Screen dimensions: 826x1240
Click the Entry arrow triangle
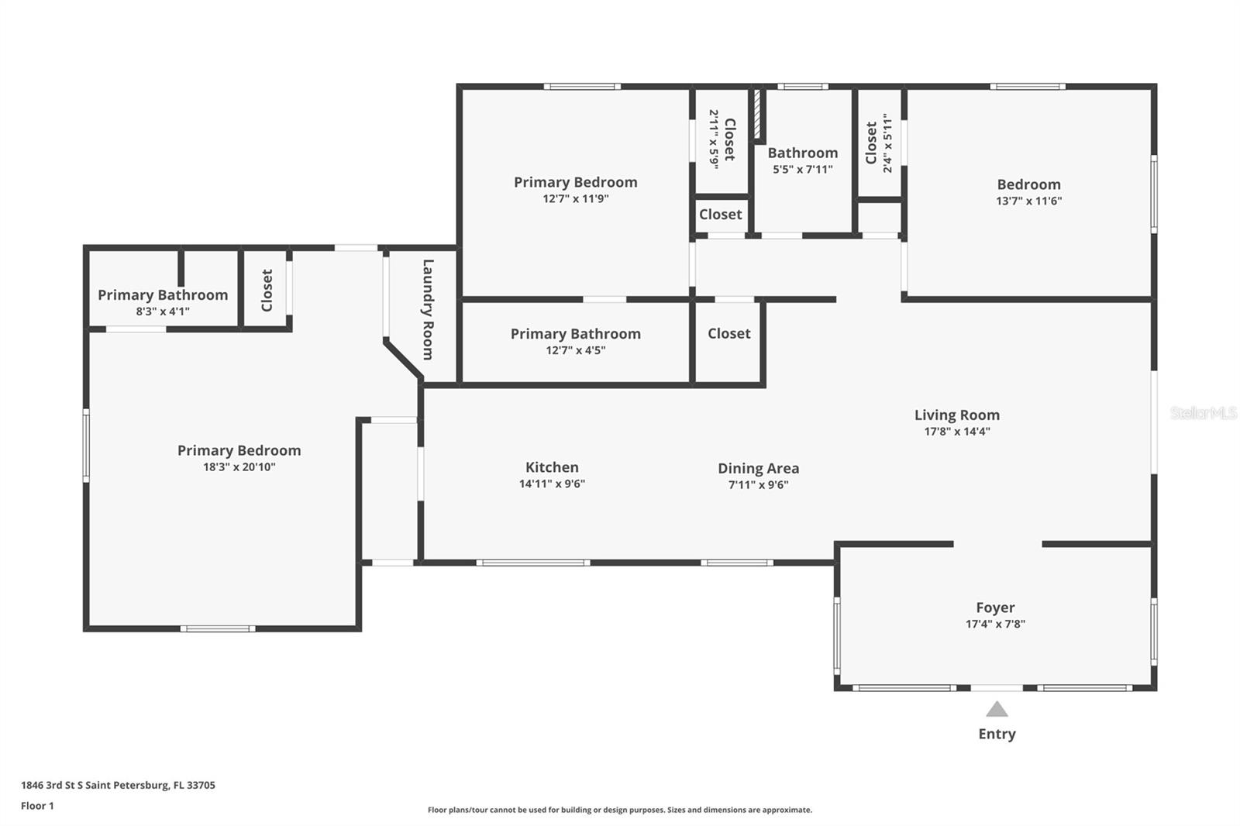pos(997,709)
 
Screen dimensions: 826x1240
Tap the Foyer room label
pos(995,607)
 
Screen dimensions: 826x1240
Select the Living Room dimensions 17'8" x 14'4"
pos(956,432)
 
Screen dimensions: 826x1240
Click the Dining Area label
pos(758,468)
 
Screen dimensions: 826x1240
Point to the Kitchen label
pos(552,467)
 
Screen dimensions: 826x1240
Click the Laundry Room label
pos(428,309)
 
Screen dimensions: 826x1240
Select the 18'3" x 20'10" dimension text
pos(239,466)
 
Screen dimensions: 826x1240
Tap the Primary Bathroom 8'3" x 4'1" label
pos(163,295)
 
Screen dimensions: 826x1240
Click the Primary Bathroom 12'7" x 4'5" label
pos(575,334)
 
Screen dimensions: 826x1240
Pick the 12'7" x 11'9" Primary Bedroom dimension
pos(575,198)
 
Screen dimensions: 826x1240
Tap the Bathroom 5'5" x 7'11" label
pos(802,153)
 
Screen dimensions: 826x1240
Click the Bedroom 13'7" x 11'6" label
pos(1028,184)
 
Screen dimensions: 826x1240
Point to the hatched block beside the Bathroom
pos(759,115)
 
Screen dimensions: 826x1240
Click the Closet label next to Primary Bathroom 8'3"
pos(267,291)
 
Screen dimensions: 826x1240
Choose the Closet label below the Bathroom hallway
pos(728,333)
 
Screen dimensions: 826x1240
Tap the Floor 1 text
pos(37,806)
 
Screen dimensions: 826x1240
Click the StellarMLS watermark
pos(1203,413)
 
